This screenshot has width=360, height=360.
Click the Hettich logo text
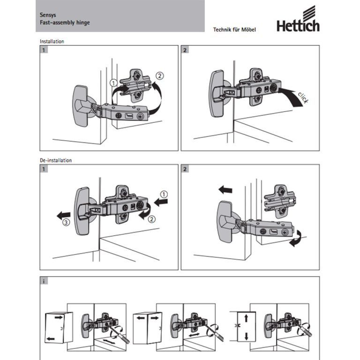[298, 25]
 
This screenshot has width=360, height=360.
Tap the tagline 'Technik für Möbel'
[234, 30]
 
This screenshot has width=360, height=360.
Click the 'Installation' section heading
[52, 41]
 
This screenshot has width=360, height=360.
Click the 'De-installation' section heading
[55, 160]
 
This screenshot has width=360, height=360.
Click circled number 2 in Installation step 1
[160, 75]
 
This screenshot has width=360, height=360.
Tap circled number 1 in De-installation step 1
[164, 194]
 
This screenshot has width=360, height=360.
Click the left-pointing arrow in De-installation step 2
[225, 189]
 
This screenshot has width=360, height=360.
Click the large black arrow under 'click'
[291, 97]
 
